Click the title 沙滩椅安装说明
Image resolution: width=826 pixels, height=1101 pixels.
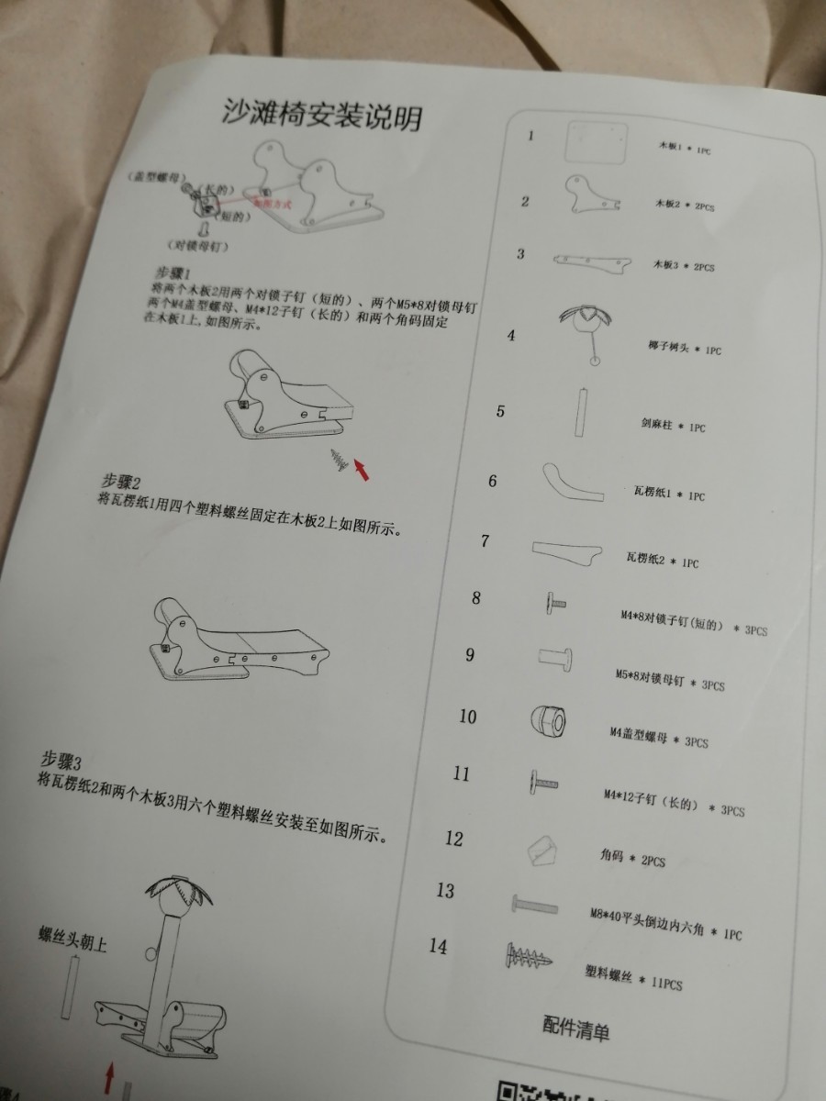tap(324, 115)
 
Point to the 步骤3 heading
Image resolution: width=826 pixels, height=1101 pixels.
tap(61, 761)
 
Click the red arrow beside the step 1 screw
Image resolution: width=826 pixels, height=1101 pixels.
tap(363, 471)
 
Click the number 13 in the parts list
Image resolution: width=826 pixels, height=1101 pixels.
tap(446, 890)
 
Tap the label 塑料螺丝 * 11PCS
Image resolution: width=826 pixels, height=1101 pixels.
tap(633, 980)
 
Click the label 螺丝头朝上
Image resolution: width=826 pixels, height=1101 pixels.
tap(72, 940)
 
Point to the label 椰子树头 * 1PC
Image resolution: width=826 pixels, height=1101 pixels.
tap(684, 350)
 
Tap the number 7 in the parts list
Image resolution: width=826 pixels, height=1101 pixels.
tap(485, 540)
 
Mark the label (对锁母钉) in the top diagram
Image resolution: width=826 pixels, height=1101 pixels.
tap(198, 247)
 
